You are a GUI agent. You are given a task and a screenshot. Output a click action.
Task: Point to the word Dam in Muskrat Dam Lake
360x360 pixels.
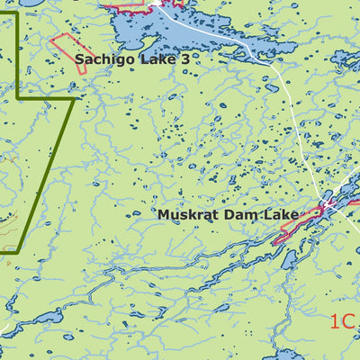pyautogui.click(x=233, y=215)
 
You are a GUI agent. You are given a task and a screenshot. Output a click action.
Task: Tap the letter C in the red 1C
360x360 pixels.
pyautogui.click(x=348, y=321)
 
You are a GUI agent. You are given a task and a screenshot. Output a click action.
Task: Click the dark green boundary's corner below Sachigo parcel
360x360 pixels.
pyautogui.click(x=73, y=99)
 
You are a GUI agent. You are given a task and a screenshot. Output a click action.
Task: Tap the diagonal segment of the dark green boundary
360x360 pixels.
pyautogui.click(x=54, y=171)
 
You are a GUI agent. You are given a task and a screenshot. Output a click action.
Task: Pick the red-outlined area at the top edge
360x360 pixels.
pyautogui.click(x=126, y=5)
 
